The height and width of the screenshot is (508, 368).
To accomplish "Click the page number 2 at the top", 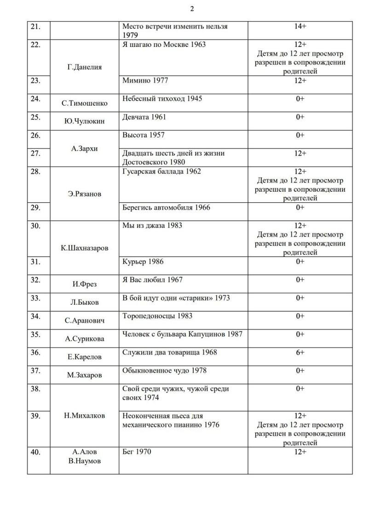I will click(192, 9).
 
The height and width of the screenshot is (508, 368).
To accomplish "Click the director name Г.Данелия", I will click(84, 67).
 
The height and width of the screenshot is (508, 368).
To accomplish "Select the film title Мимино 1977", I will click(145, 80).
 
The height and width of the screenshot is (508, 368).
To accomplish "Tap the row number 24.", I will click(35, 98).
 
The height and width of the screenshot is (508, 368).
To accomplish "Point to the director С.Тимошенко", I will click(85, 103).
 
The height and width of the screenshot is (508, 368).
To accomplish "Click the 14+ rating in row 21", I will click(300, 26).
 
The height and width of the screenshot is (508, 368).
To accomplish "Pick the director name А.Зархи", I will click(84, 148).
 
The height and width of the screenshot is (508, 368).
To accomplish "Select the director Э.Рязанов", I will click(84, 194).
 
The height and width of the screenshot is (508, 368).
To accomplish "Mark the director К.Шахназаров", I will click(84, 248).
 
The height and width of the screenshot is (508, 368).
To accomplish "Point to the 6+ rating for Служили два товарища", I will click(300, 352).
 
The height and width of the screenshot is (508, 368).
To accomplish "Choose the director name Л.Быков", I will click(84, 302).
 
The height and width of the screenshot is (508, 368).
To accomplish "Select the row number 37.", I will click(35, 370).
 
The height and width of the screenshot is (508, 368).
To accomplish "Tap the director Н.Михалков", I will click(84, 415).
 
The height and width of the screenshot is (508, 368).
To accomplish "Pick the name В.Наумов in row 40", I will click(84, 461).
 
